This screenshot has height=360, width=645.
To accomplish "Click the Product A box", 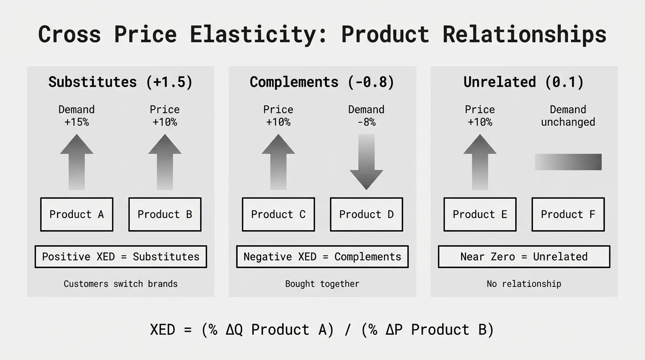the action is click(76, 214).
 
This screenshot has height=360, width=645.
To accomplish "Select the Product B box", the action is click(165, 214).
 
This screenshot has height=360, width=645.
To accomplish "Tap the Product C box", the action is click(278, 214).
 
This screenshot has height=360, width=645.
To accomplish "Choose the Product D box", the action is click(366, 214).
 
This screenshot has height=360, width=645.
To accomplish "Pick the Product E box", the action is click(480, 214).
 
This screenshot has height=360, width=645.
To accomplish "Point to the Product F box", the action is click(568, 214).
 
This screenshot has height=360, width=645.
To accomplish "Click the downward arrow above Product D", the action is click(366, 162).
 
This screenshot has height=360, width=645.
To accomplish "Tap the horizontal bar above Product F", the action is click(568, 162).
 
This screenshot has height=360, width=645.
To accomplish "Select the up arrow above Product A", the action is click(76, 162).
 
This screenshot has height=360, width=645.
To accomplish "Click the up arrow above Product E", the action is click(480, 162).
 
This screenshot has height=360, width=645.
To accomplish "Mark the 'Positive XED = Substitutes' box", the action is click(120, 256).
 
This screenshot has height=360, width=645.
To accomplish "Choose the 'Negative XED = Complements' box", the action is click(322, 256).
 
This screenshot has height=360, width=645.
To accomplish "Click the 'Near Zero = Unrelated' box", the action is click(524, 256).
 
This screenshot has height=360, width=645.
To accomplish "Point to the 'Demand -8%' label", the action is click(366, 116).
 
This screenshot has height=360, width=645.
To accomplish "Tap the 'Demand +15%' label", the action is click(76, 116).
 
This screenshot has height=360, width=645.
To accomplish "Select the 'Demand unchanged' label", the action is click(568, 116).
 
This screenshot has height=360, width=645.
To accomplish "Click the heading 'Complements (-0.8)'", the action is click(322, 82).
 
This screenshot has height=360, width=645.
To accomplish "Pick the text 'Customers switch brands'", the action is click(120, 284).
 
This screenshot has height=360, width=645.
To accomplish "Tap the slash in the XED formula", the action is click(347, 330).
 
